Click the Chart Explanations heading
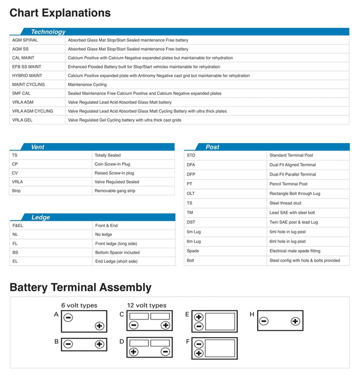(60, 13)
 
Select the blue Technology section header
(48, 32)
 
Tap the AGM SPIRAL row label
(25, 40)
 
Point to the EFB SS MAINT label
(27, 67)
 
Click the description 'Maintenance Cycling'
(87, 85)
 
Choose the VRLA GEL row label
(22, 120)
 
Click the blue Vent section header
(38, 146)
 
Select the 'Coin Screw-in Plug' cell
(112, 164)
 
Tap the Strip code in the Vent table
(16, 191)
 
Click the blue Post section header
(213, 146)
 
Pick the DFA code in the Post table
(191, 165)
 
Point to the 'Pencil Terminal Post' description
(288, 184)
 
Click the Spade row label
(193, 251)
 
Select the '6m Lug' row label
(194, 241)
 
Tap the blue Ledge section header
(40, 217)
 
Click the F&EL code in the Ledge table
(18, 226)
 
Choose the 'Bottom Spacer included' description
(117, 252)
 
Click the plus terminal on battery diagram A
(99, 326)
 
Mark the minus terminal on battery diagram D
(166, 352)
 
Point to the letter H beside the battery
(252, 314)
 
